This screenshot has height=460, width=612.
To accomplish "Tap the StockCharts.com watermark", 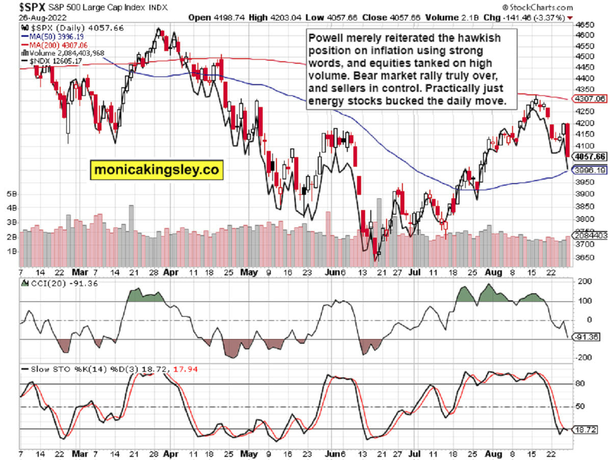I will tap(538, 7).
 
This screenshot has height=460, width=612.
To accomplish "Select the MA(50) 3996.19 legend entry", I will tap(50, 37).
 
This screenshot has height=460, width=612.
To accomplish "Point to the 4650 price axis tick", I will tap(584, 24).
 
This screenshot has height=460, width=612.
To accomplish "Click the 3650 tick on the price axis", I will tap(584, 258).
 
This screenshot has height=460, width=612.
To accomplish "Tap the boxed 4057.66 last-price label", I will tap(589, 156).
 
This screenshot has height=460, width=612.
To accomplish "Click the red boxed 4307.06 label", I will tap(589, 99).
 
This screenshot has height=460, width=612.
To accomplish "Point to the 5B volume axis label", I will tap(12, 194).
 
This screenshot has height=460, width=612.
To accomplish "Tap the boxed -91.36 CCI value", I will tap(589, 337).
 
